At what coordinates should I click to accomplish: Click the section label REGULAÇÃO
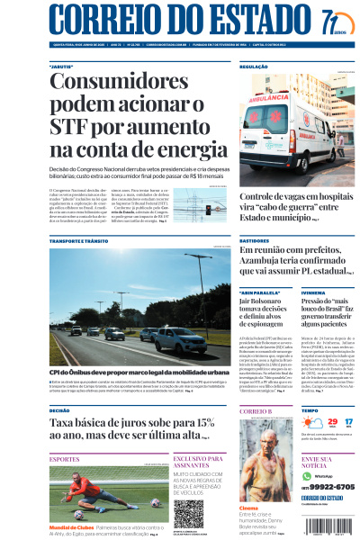(x=254, y=67)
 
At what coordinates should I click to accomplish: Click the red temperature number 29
(x=308, y=420)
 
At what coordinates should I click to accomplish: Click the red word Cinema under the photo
(x=248, y=507)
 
